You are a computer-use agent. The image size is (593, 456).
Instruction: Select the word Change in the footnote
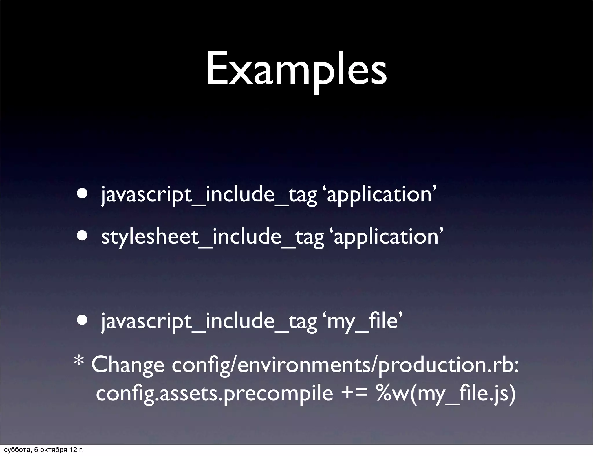coord(128,365)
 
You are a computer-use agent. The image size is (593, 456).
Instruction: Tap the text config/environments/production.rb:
coord(345,365)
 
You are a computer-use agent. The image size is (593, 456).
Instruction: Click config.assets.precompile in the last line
coord(214,394)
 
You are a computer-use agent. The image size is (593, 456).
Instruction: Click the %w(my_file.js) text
coord(446,394)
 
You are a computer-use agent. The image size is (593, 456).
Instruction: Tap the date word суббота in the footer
coord(15,450)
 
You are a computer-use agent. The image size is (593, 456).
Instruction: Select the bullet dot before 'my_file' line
coord(83,321)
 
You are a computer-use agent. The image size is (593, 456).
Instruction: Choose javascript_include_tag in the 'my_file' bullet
coord(209,322)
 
